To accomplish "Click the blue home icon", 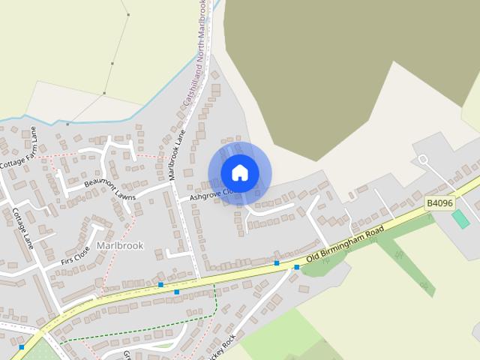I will click(239, 173).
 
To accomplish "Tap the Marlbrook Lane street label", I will click(178, 154).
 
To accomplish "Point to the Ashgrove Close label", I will click(214, 196).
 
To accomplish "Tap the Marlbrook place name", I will click(120, 245).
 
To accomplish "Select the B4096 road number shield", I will click(439, 202).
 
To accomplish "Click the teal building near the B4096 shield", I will click(460, 220).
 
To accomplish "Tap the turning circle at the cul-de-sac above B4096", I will click(422, 159).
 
